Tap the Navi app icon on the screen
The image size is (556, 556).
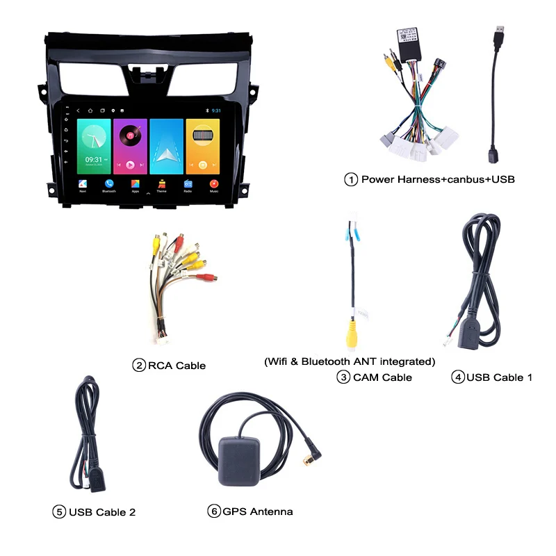83,185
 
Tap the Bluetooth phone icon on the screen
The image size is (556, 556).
109,185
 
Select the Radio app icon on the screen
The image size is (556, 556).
188,185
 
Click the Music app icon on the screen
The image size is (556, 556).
214,185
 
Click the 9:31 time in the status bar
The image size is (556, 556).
216,111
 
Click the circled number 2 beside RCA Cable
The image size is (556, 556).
139,365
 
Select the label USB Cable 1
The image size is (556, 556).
499,377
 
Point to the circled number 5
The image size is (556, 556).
59,512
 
